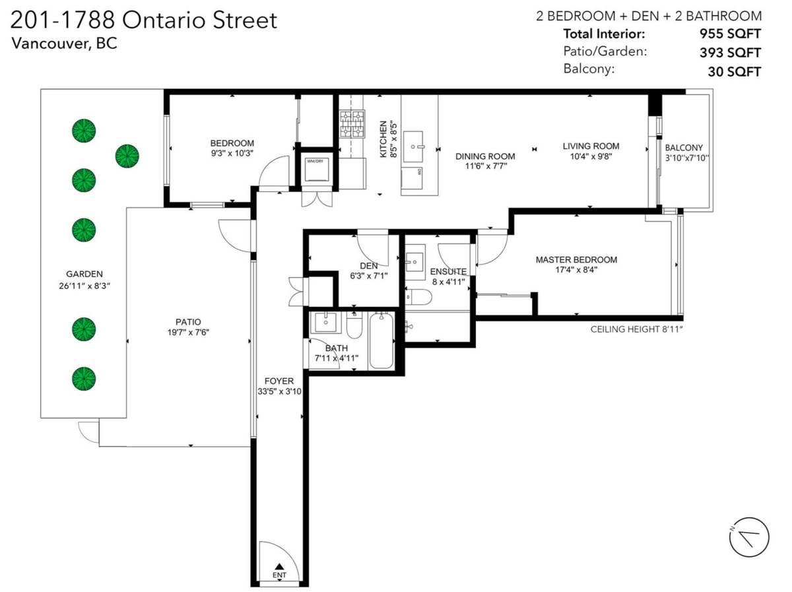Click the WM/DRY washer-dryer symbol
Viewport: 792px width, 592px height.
(315, 169)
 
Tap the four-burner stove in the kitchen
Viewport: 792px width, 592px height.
(352, 124)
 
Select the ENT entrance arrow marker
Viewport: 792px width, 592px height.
(279, 567)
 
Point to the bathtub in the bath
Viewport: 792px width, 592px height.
(381, 341)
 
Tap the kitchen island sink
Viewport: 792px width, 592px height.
(412, 147)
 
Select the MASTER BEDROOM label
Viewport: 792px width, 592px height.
(576, 260)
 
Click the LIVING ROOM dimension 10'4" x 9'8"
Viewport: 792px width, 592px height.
(591, 156)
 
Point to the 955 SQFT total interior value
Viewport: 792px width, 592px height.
(730, 34)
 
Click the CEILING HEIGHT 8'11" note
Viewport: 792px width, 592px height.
(636, 329)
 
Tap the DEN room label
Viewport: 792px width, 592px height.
(369, 266)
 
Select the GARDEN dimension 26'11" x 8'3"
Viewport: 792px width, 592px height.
(84, 286)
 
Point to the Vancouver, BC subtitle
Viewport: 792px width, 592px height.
(65, 44)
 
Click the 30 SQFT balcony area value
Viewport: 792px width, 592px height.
(735, 72)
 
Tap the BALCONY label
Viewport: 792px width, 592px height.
(684, 148)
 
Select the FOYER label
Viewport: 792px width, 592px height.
(279, 381)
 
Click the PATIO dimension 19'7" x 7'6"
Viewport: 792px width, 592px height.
(188, 332)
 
